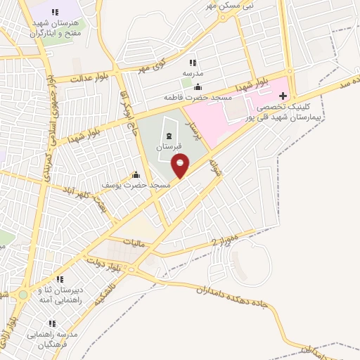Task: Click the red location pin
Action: (x=181, y=165)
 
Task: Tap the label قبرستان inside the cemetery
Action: (x=169, y=147)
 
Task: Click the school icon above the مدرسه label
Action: (x=193, y=63)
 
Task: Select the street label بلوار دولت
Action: (x=105, y=264)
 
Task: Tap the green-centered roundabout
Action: (x=23, y=295)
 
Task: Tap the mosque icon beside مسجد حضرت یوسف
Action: (x=136, y=174)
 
